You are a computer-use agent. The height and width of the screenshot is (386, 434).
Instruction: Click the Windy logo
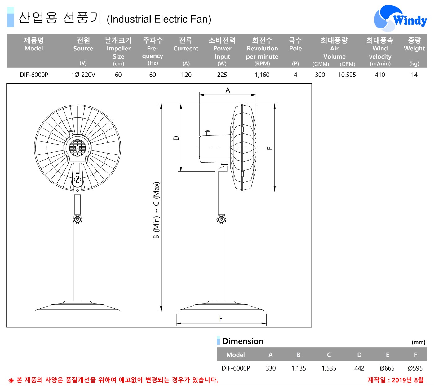pos(400,18)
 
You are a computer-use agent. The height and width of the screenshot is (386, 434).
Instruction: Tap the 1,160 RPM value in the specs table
pos(262,75)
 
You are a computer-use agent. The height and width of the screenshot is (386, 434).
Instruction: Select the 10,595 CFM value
pos(347,75)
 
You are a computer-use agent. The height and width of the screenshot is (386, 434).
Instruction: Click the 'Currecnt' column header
pos(186,48)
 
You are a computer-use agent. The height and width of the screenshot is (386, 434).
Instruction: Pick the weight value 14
pos(414,75)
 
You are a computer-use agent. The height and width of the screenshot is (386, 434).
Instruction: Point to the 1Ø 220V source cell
pos(83,75)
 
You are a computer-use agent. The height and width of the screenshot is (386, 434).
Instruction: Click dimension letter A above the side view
pos(228,90)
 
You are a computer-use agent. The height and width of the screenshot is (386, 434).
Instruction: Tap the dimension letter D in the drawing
pos(176,138)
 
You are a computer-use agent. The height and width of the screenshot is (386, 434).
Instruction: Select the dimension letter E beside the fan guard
pos(270,148)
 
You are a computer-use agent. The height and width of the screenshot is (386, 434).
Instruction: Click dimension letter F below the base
pos(221,319)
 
